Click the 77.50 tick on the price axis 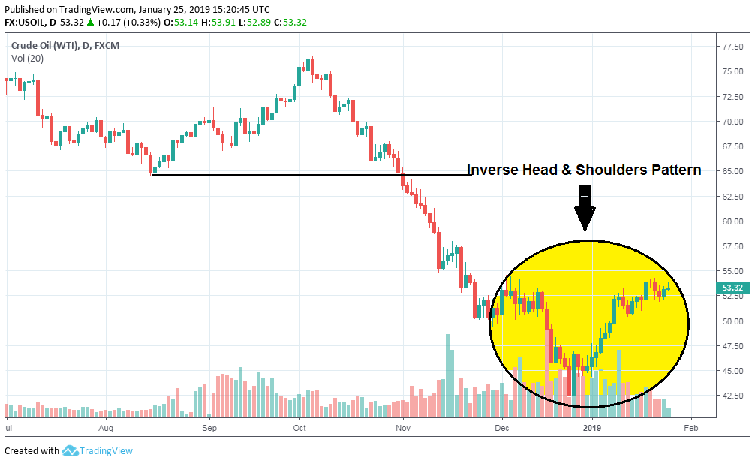[732, 47]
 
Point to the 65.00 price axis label [732, 171]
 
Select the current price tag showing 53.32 [732, 288]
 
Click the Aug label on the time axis [106, 429]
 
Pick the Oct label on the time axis [299, 429]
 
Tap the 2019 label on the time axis [592, 429]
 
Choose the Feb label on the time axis [690, 429]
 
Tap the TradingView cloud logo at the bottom [71, 450]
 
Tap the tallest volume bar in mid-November [448, 375]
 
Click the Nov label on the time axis [403, 429]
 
